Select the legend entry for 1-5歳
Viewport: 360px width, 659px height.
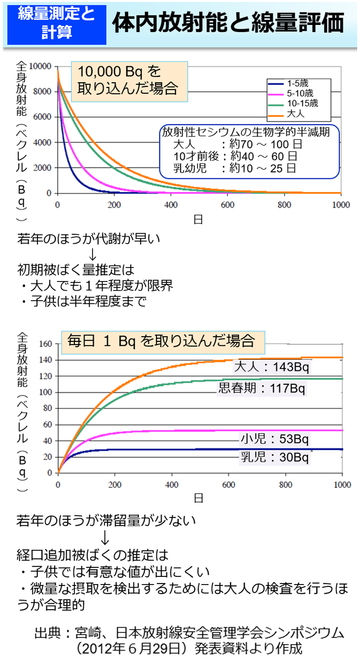(297, 83)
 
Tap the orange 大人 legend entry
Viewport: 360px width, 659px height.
(295, 113)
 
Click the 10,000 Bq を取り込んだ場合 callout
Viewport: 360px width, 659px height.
(129, 80)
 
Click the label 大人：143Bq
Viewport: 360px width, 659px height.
(272, 367)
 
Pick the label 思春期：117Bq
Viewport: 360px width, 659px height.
(262, 388)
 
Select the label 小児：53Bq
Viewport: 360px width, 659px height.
(274, 439)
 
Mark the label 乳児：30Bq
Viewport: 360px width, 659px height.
(274, 457)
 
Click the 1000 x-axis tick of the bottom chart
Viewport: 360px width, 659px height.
(341, 484)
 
